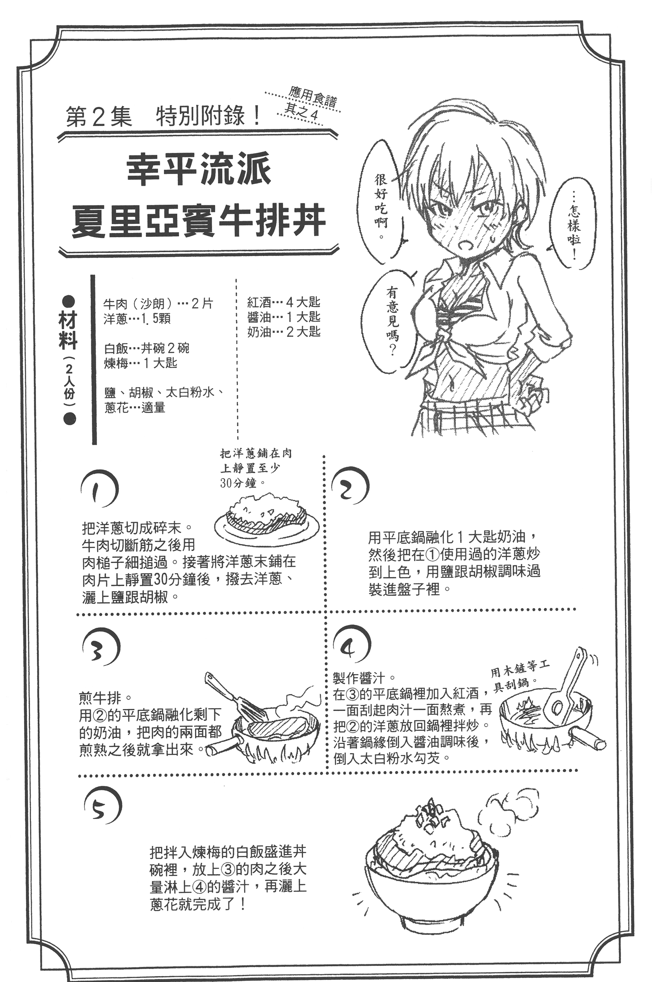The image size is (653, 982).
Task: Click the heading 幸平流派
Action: (199, 169)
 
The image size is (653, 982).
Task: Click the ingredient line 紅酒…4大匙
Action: (284, 302)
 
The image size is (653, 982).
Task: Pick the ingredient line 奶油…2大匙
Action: (284, 332)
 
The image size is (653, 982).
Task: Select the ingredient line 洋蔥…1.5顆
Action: (137, 319)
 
